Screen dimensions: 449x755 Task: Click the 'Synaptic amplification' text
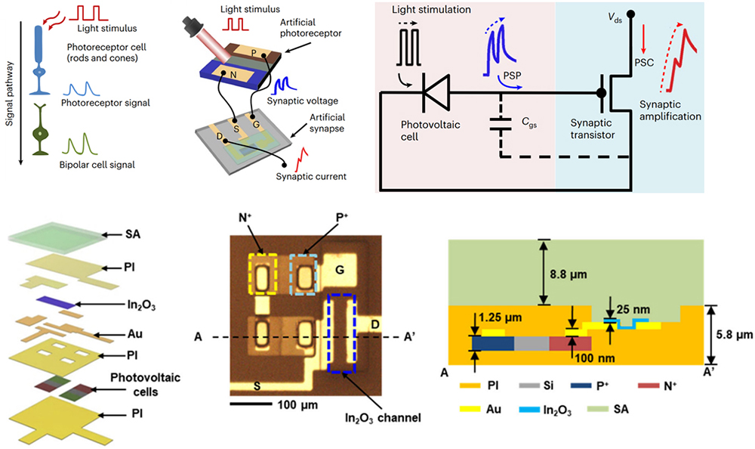(x=670, y=110)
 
